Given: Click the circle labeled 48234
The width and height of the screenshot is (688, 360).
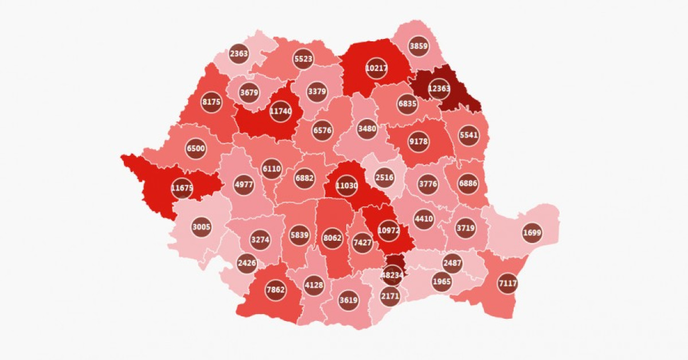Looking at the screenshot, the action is (393, 275).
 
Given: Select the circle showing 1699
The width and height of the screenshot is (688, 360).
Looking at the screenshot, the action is (532, 233).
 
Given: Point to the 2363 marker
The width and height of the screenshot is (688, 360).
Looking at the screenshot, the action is (239, 54).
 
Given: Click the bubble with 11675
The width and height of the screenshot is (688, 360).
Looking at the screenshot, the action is (182, 187).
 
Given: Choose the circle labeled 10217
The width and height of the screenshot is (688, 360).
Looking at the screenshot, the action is (376, 68).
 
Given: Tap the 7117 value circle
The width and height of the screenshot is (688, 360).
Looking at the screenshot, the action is (508, 283).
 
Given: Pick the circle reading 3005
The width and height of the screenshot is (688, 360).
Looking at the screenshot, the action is (201, 227).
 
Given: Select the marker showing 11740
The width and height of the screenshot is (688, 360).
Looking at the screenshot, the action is (280, 111).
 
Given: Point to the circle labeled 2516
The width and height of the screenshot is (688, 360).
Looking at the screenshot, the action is (384, 177).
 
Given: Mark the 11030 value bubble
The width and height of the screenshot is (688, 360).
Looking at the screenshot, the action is (346, 186).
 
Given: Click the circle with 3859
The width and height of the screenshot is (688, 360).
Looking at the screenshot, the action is (419, 46).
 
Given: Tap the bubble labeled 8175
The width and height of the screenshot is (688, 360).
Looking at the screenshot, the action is (211, 103).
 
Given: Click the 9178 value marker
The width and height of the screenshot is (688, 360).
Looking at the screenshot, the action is (419, 141).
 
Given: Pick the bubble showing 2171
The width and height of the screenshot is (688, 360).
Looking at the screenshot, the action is (389, 296).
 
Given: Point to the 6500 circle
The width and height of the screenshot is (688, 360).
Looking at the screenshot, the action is (196, 148).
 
